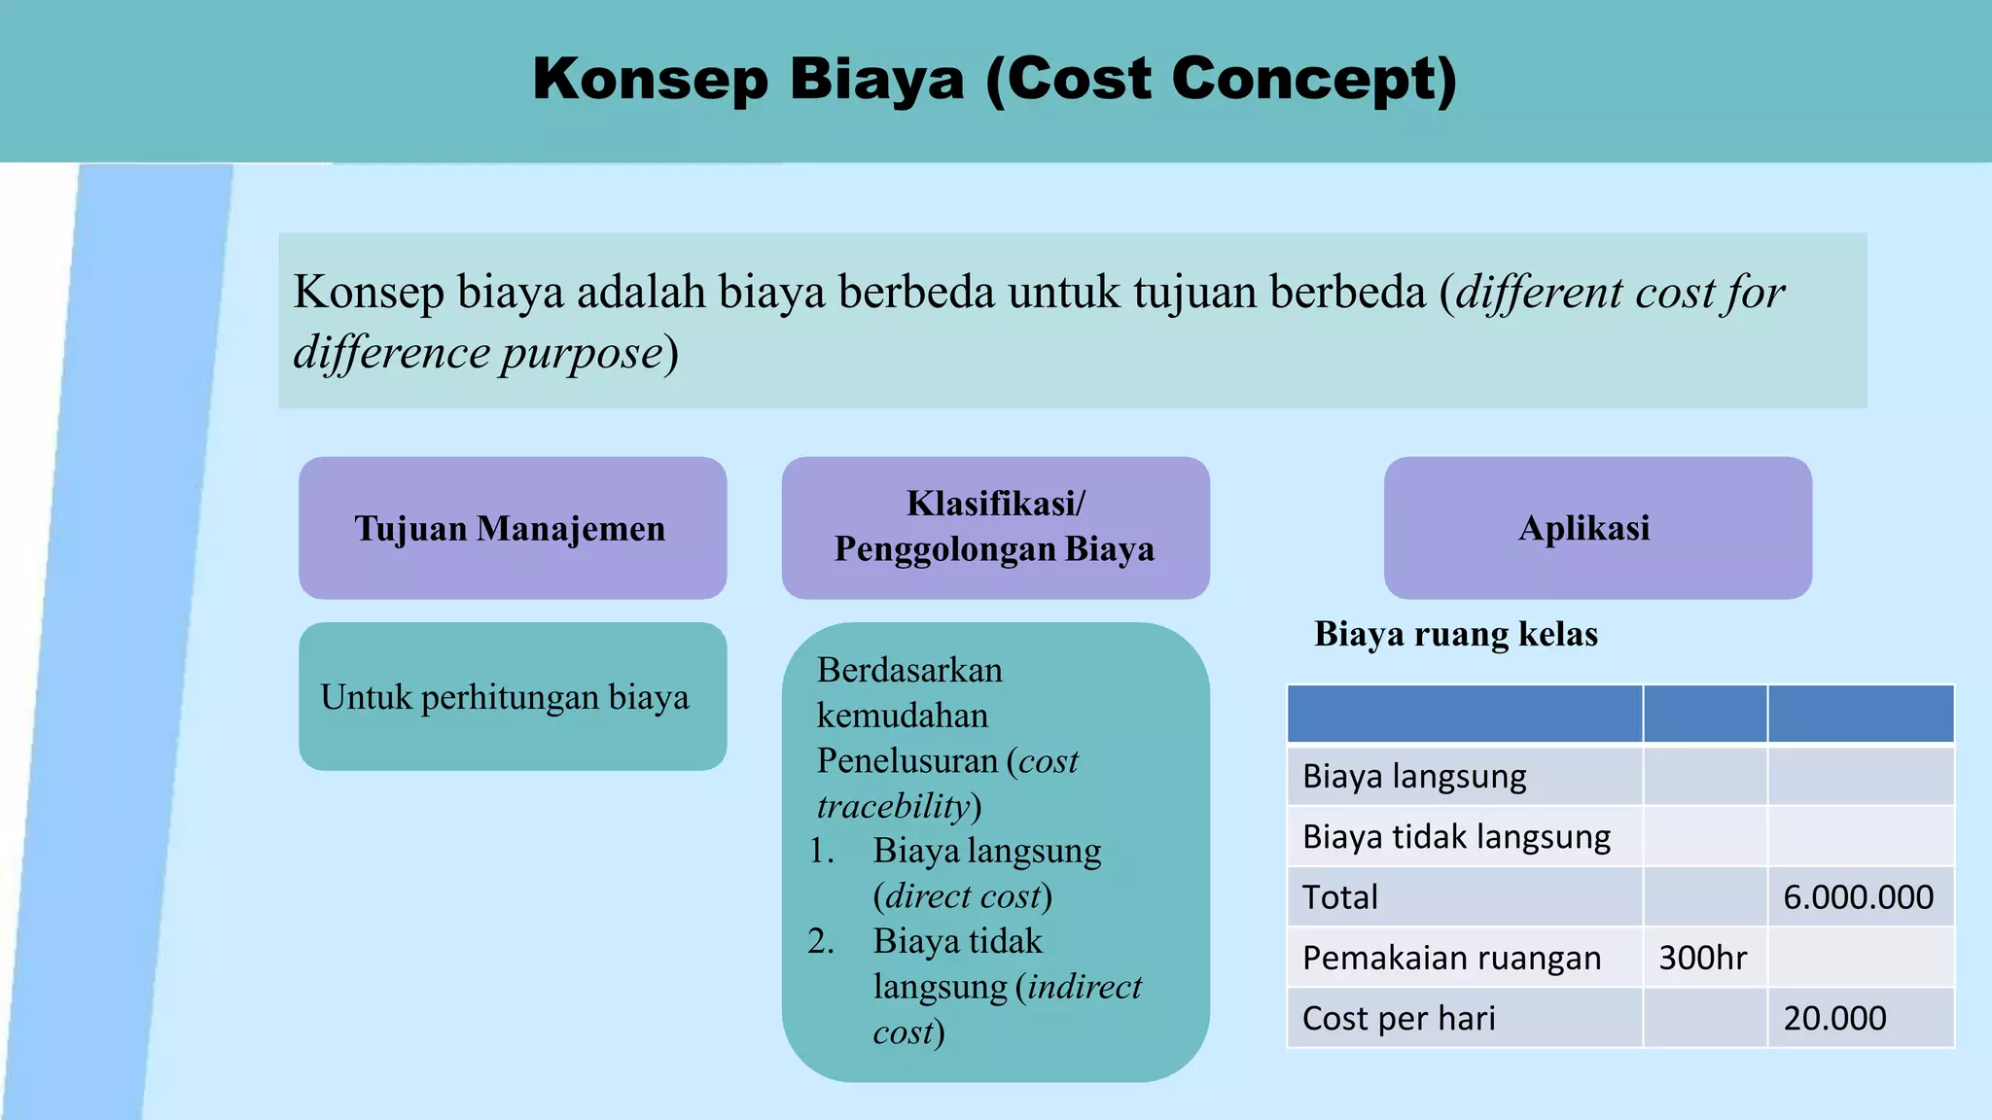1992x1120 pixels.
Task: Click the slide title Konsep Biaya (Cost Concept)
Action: tap(994, 79)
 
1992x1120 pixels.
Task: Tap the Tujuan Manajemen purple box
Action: tap(512, 528)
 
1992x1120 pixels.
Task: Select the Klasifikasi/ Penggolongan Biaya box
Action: tap(995, 527)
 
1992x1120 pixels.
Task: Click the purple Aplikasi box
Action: tap(1597, 528)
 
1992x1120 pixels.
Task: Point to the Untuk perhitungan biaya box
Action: tap(512, 697)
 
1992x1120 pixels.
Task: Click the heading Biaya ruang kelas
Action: tap(1455, 634)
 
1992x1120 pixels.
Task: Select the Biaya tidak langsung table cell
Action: tap(1456, 836)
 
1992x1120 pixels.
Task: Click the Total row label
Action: tap(1339, 896)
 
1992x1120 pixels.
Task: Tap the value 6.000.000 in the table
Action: tap(1858, 896)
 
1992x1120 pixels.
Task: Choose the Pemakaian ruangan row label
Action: tap(1451, 958)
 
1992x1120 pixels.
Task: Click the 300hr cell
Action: tap(1702, 958)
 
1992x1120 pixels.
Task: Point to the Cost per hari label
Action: tap(1399, 1018)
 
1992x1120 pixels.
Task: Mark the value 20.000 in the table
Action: tap(1834, 1018)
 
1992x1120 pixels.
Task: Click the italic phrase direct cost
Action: tap(963, 895)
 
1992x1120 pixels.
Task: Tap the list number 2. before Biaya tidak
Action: tap(821, 941)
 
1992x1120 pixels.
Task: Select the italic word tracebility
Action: tap(893, 806)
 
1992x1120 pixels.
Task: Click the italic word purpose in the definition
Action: tap(581, 352)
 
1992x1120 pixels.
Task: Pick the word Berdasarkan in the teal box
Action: tap(909, 670)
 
